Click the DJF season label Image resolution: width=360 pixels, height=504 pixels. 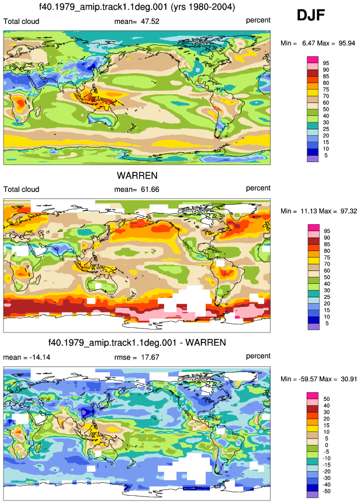tap(310, 15)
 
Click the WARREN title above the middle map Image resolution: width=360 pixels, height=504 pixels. tap(137, 176)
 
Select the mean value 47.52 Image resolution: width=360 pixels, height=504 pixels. tap(150, 22)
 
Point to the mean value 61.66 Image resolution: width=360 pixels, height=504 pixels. tap(150, 189)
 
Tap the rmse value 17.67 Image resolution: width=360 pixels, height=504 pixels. tap(150, 357)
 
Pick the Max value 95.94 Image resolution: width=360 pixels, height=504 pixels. tap(347, 43)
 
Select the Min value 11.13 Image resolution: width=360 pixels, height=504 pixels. tap(309, 211)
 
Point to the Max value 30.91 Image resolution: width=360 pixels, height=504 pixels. tap(349, 379)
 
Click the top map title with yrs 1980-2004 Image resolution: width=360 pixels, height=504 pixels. tap(137, 7)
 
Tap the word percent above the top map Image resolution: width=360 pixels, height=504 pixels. tap(258, 20)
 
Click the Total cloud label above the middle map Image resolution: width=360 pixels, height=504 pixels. tap(21, 189)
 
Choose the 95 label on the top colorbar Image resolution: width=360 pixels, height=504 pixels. tap(326, 63)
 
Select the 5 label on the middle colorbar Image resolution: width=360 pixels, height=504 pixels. tap(327, 323)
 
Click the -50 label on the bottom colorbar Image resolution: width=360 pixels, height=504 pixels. tap(326, 491)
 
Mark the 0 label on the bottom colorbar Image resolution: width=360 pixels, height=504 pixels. tap(327, 445)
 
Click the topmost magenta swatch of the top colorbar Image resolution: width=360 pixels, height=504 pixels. tap(313, 60)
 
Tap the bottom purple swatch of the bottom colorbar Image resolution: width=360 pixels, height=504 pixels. tap(313, 495)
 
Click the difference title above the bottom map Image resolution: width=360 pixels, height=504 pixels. tap(137, 342)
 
